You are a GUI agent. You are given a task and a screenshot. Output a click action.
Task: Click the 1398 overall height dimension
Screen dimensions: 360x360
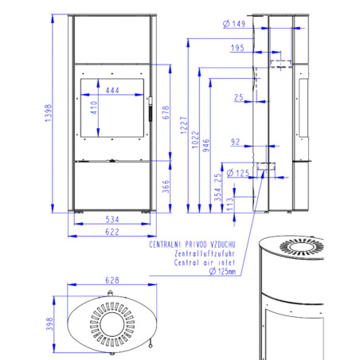pyautogui.click(x=48, y=113)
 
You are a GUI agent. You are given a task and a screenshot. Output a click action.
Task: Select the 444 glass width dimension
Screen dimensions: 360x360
pyautogui.click(x=112, y=90)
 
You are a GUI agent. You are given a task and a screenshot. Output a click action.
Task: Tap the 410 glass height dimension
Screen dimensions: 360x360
pyautogui.click(x=94, y=108)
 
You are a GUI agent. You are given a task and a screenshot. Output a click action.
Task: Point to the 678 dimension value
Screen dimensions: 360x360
pyautogui.click(x=166, y=112)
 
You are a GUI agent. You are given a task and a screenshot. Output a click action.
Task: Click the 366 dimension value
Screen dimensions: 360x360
pyautogui.click(x=166, y=186)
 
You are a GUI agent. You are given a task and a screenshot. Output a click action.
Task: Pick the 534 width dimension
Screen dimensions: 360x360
pyautogui.click(x=112, y=220)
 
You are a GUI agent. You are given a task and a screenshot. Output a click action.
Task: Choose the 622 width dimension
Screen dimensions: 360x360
pyautogui.click(x=112, y=232)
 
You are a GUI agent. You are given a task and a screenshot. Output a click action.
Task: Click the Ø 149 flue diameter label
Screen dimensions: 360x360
pyautogui.click(x=234, y=24)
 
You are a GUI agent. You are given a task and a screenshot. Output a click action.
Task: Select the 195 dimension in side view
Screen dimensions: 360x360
pyautogui.click(x=237, y=48)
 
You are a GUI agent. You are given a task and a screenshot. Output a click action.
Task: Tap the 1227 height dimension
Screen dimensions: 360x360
pyautogui.click(x=184, y=125)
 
